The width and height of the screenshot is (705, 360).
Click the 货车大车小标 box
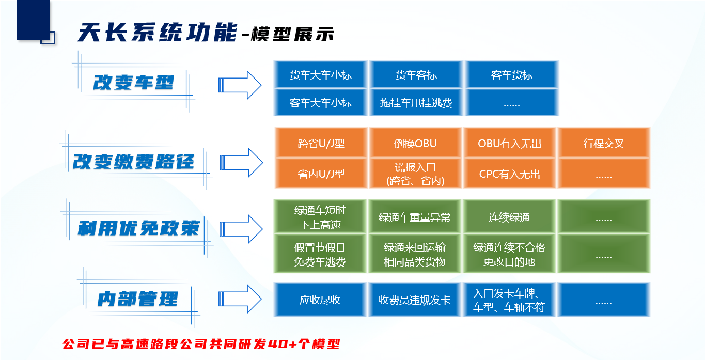pyautogui.click(x=320, y=74)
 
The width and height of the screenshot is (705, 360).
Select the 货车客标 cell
pyautogui.click(x=416, y=74)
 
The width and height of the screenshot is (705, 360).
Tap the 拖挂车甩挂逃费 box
pyautogui.click(x=416, y=102)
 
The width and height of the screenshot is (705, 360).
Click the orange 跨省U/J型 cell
pyautogui.click(x=321, y=143)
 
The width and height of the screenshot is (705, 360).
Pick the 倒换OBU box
pyautogui.click(x=415, y=143)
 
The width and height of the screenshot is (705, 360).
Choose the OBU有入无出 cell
pyautogui.click(x=509, y=143)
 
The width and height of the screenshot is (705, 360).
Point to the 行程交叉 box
pyautogui.click(x=604, y=143)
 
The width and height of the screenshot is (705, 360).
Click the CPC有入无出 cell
pyautogui.click(x=509, y=174)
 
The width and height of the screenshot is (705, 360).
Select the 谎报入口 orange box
pyautogui.click(x=415, y=174)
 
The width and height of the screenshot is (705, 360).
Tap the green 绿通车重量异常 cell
pyautogui.click(x=415, y=217)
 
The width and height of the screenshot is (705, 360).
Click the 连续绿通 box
pyautogui.click(x=509, y=217)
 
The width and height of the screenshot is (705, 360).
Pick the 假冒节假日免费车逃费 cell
pyautogui.click(x=320, y=254)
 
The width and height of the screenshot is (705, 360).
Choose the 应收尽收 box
pyautogui.click(x=320, y=300)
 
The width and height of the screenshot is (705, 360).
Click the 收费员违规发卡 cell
pyautogui.click(x=415, y=300)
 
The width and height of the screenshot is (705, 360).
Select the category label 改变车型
pyautogui.click(x=133, y=83)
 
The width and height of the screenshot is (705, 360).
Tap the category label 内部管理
pyautogui.click(x=138, y=299)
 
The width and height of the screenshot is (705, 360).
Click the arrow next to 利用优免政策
pyautogui.click(x=241, y=229)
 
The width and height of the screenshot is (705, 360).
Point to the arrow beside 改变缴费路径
pyautogui.click(x=241, y=162)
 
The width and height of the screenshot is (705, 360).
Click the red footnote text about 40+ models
pyautogui.click(x=201, y=343)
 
